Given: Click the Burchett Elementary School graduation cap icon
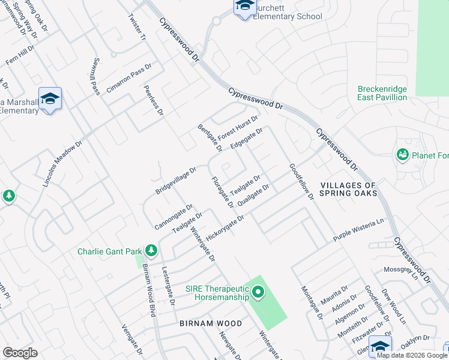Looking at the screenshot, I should click(244, 7).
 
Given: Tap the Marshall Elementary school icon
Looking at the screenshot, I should click(50, 99).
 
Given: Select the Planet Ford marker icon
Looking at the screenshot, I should click(402, 155).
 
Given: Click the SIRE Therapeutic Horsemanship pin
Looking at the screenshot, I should click(258, 293).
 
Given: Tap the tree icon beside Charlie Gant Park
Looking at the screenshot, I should click(152, 250).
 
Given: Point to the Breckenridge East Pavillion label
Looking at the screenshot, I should click(382, 93).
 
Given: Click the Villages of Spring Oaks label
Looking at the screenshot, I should click(349, 190).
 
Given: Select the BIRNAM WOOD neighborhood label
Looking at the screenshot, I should click(211, 323).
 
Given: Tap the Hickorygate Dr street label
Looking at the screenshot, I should click(224, 229).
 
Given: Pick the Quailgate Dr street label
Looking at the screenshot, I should click(253, 196).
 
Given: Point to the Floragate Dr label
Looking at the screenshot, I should click(221, 192).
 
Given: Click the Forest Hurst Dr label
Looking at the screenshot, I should click(238, 127).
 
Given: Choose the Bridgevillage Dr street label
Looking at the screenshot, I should click(176, 181).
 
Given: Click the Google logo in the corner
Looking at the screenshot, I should click(20, 353).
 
